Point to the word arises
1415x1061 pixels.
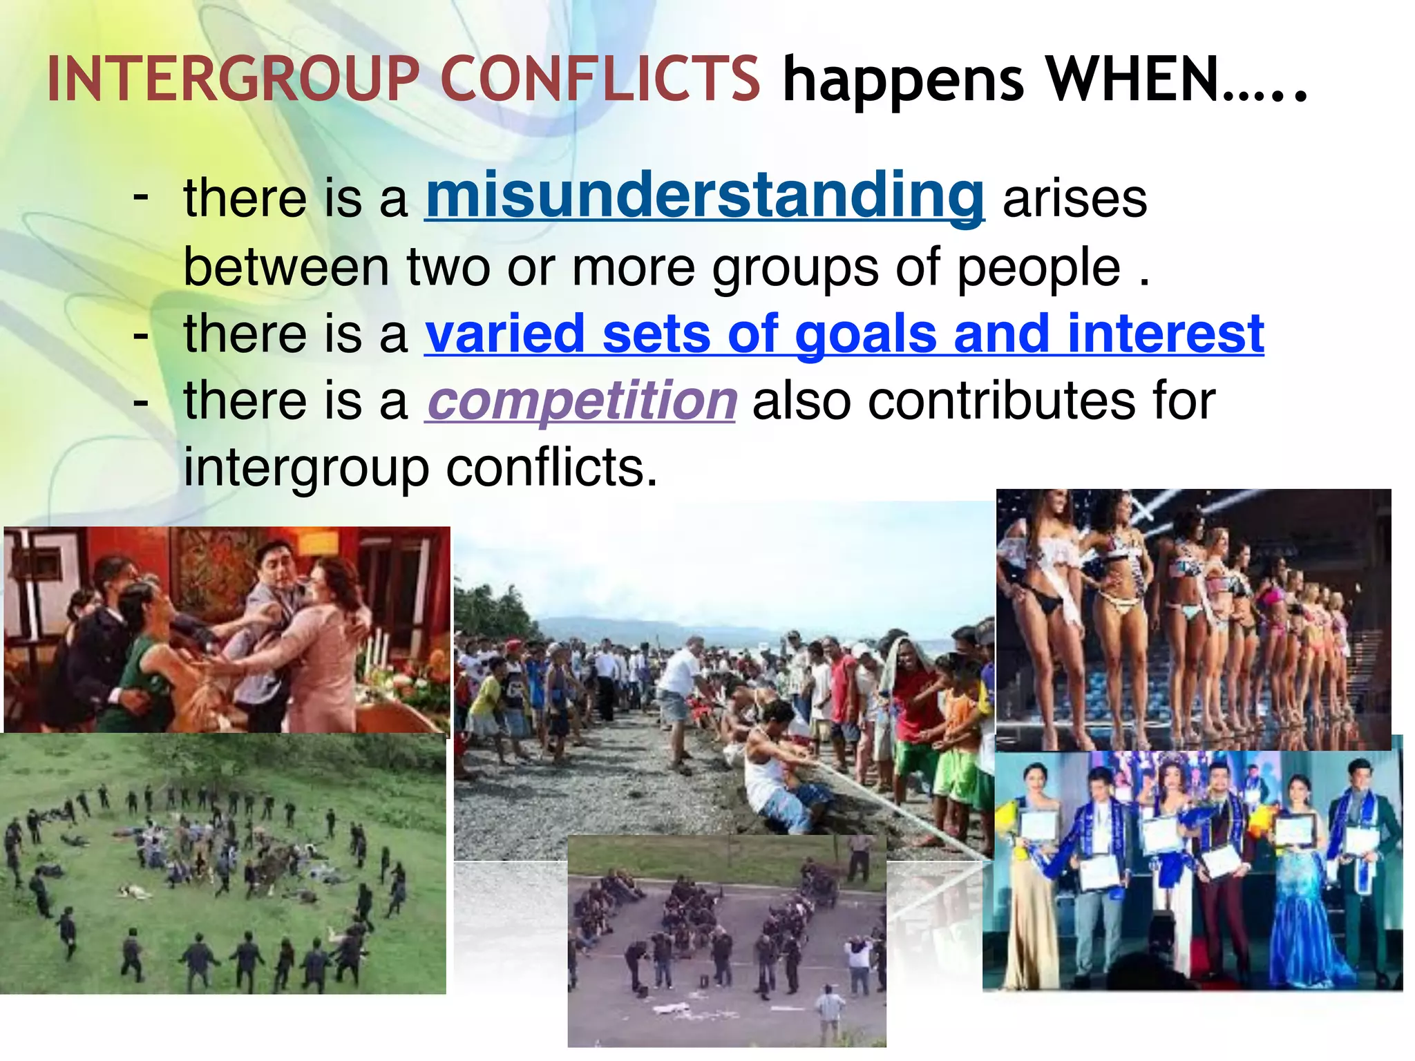point(1074,199)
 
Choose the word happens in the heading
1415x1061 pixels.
point(903,80)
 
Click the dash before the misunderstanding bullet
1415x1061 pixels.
point(141,196)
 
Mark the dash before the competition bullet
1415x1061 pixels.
point(141,401)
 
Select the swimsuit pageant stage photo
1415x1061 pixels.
point(1193,618)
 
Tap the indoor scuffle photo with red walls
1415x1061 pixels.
point(227,629)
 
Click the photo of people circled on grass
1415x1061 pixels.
point(222,863)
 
